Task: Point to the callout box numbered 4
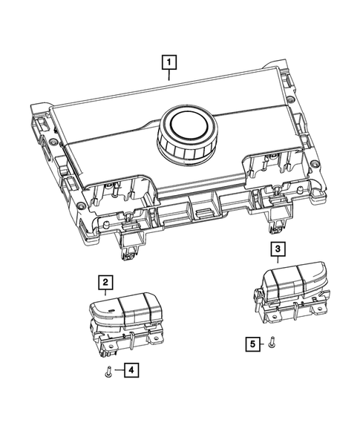(130, 369)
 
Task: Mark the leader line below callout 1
(170, 74)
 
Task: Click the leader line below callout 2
(107, 295)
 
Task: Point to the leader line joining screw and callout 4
(118, 369)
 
